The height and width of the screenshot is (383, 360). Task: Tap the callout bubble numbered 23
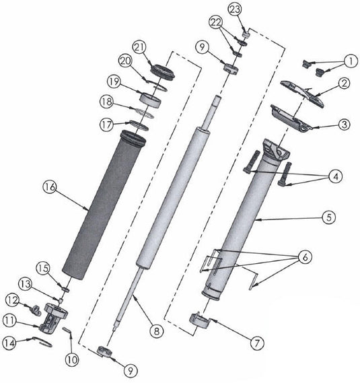[x=235, y=9]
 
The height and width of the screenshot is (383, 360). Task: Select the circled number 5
[x=328, y=217]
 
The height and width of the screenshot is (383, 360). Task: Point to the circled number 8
[x=157, y=330]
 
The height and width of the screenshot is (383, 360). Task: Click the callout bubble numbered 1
[x=351, y=61]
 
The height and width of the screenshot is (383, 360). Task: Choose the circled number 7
[x=257, y=342]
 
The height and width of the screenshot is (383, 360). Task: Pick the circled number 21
[x=139, y=46]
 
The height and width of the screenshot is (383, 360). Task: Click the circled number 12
[x=11, y=298]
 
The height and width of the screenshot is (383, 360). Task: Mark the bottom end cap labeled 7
[x=201, y=318]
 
